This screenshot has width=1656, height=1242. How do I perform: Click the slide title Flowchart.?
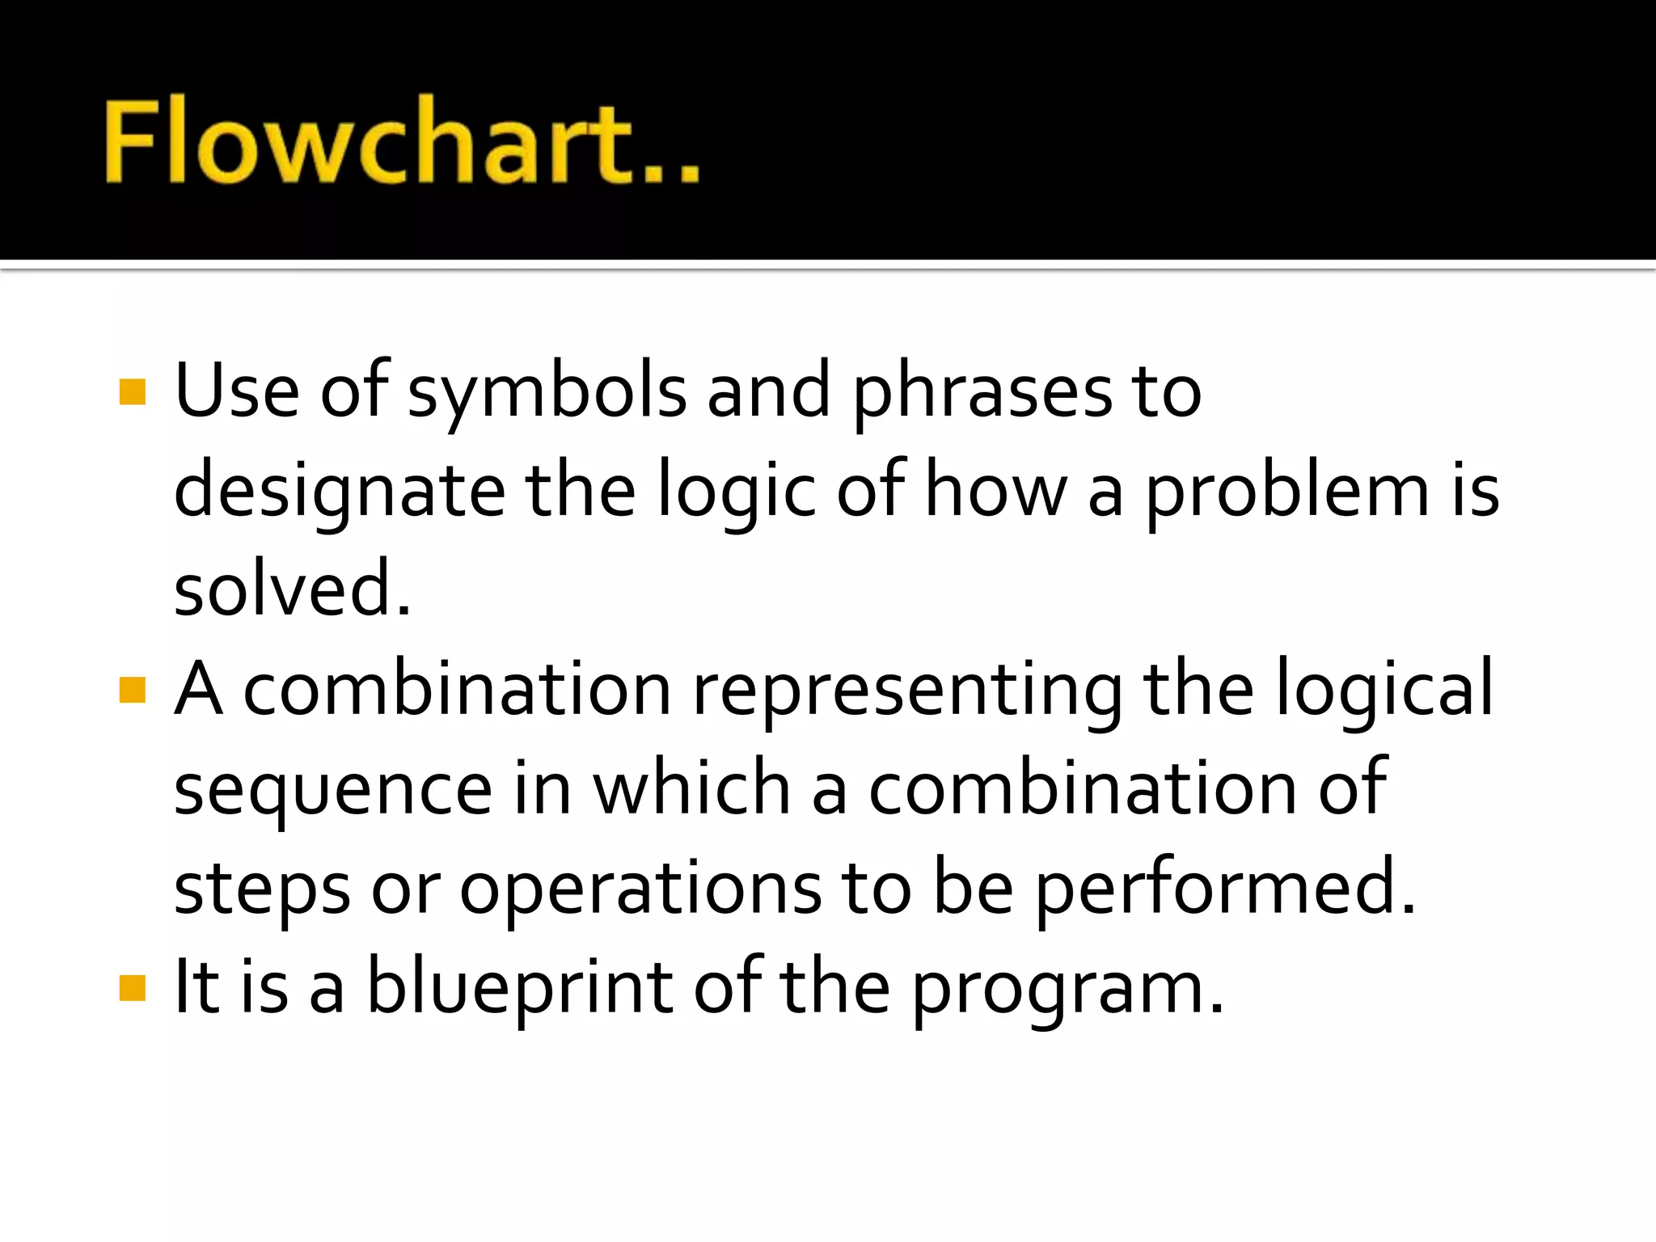click(401, 140)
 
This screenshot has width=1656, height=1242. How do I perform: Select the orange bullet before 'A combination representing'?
click(132, 690)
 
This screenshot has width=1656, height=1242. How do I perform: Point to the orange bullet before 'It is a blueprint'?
click(132, 988)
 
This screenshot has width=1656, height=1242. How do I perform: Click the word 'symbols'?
click(547, 393)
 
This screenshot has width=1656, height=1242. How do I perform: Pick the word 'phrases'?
click(982, 393)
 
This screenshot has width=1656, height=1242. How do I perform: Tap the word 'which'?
click(692, 788)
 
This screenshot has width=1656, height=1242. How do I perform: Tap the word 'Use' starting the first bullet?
click(236, 391)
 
